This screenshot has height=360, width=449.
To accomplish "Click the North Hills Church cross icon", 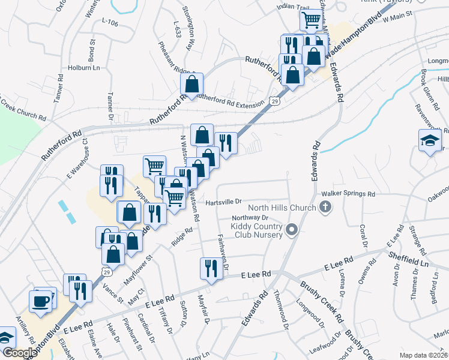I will (x=325, y=208).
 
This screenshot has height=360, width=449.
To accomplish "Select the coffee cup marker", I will (x=41, y=301).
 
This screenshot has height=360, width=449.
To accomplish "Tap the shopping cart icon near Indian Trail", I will (x=311, y=20).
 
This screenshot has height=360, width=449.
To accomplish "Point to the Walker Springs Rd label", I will (x=348, y=194).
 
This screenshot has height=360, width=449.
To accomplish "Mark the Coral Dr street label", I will (x=363, y=235).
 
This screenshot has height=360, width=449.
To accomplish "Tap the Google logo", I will (x=19, y=353).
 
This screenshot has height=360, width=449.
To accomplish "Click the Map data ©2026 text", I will (x=423, y=355).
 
